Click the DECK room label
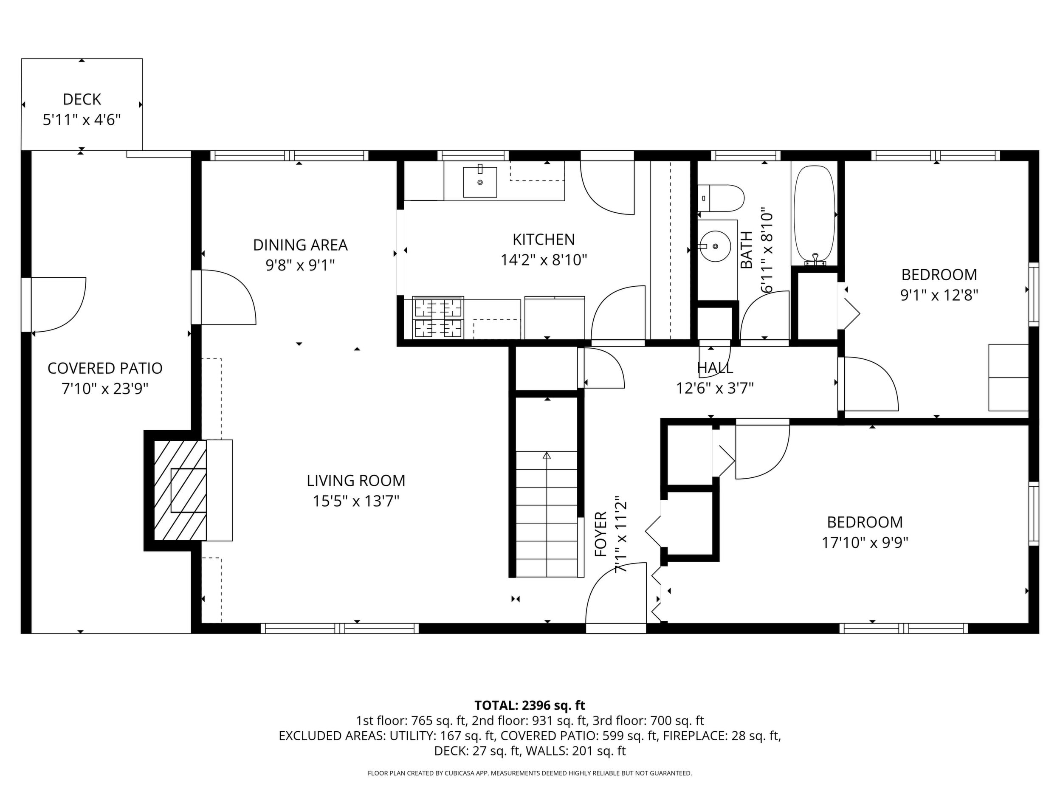pos(82,99)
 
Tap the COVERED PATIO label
pos(105,368)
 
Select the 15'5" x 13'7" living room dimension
pos(356,501)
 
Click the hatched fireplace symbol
pos(180,491)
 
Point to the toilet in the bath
pos(721,198)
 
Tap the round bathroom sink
pos(714,246)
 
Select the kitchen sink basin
pos(480,182)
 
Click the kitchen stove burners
pos(438,317)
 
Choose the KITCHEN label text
pos(544,239)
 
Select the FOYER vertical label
pos(601,534)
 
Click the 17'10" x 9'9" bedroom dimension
pos(865,542)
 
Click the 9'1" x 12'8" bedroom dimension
pos(939,295)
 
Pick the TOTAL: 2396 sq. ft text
pos(530,705)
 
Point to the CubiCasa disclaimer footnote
pos(530,773)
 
